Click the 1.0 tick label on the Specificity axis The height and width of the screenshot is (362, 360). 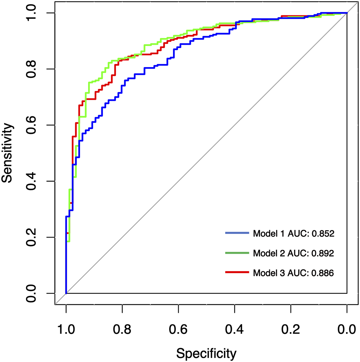tap(66, 329)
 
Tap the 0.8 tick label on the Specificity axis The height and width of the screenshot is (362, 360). tap(122, 329)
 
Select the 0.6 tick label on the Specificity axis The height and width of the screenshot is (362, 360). tap(178, 329)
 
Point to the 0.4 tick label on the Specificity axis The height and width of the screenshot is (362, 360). tap(235, 329)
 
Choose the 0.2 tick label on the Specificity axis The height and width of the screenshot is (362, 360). tap(291, 329)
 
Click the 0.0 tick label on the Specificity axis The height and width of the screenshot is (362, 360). tap(347, 329)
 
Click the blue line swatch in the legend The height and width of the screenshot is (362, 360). tap(237, 233)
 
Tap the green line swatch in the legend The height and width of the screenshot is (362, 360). tap(237, 253)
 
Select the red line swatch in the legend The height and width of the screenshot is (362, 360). tap(237, 273)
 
